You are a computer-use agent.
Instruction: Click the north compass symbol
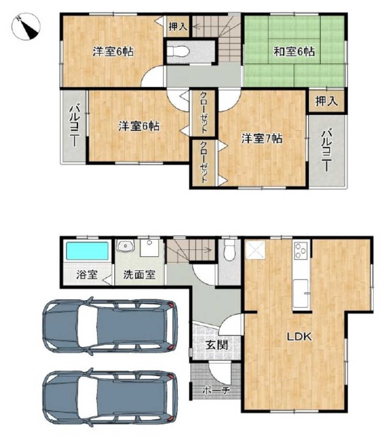tap(26, 27)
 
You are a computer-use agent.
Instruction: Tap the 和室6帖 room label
tap(294, 52)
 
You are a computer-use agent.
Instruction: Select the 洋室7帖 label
tap(262, 138)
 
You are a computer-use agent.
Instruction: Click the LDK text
tap(299, 337)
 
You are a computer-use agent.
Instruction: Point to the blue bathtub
tap(87, 250)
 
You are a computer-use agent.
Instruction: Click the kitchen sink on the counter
tap(301, 293)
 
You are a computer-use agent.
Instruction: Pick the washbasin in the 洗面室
tap(125, 246)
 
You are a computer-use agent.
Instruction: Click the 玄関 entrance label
tap(217, 345)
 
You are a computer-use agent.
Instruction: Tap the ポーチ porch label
tap(216, 390)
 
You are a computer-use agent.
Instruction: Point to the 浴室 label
tap(87, 275)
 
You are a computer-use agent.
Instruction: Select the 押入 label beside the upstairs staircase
tap(178, 27)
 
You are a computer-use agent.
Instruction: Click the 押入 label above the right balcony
tap(326, 101)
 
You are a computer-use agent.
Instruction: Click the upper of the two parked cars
tap(110, 326)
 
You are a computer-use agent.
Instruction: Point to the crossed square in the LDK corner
tap(255, 249)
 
